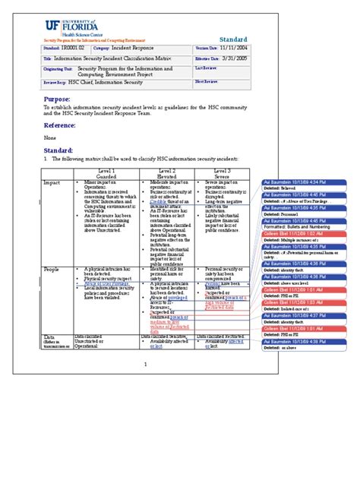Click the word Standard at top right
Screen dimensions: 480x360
coord(233,39)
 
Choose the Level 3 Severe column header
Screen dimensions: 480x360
coord(221,174)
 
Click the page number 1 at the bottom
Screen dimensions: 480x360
coord(145,365)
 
